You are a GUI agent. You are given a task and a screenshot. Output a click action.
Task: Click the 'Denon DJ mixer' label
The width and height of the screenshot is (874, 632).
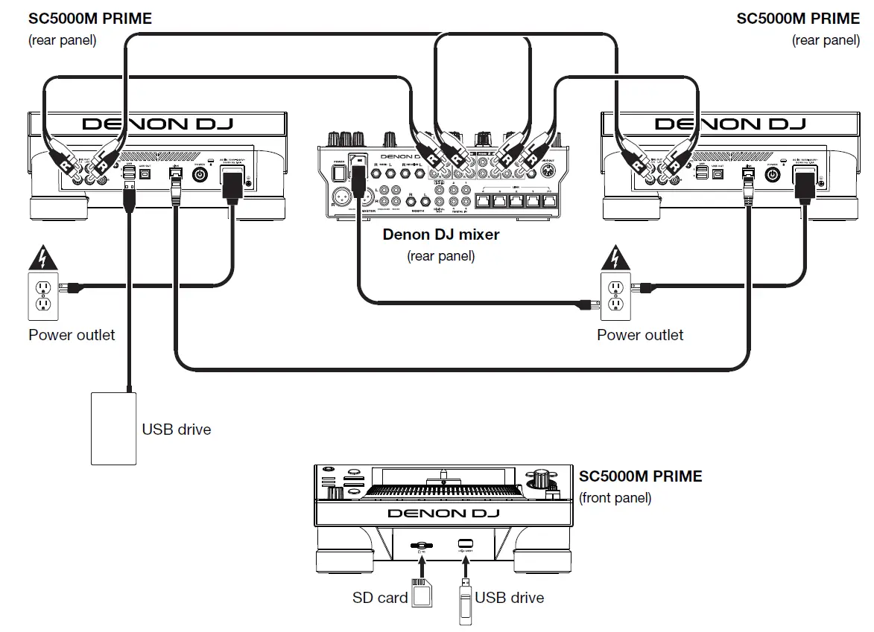[440, 234]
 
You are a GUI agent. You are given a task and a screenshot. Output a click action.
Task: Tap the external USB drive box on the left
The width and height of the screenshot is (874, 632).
[113, 428]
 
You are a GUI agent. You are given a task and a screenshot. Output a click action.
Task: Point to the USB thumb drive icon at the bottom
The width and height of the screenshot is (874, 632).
[464, 599]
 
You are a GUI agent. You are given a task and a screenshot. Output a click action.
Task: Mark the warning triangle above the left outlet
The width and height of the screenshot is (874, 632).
[42, 259]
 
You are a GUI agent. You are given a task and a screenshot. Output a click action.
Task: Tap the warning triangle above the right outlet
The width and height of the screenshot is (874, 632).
[614, 259]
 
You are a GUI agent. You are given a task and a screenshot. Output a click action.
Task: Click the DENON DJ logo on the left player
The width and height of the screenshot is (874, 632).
[156, 124]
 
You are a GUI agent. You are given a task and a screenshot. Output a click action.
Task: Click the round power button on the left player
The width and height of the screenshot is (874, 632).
[200, 174]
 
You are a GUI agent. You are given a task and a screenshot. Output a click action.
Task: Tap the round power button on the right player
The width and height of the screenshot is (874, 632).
[773, 174]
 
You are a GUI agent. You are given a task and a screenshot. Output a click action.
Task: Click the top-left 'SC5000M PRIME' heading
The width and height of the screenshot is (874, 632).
[89, 19]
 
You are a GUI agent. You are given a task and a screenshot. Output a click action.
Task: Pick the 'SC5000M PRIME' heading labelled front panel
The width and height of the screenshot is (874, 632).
[640, 476]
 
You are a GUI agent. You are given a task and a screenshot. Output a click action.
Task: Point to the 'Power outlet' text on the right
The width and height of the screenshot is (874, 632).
[639, 335]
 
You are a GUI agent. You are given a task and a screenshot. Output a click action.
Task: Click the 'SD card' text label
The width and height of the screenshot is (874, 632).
[380, 598]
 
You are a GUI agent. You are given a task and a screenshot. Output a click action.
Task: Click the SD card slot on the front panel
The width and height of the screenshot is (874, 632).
[422, 545]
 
